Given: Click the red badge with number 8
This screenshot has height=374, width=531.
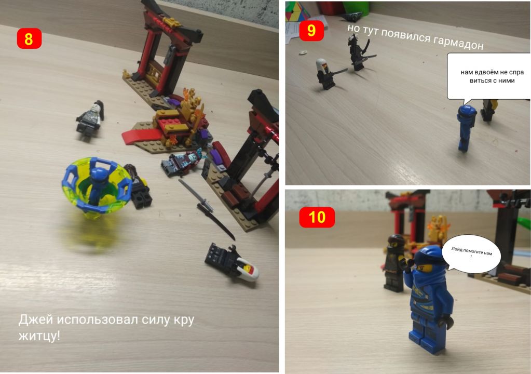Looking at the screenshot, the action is point(29,38).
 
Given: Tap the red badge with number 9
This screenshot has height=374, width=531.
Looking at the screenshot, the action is point(311,31).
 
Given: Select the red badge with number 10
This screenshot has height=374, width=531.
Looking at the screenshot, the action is point(317,217).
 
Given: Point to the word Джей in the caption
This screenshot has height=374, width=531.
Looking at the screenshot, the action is point(36,320).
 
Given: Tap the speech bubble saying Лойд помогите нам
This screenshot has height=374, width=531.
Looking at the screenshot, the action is point(471,253).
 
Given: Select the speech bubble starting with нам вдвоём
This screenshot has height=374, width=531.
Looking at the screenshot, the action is point(489,77).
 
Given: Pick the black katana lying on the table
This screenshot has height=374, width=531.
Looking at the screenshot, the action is point(207,209).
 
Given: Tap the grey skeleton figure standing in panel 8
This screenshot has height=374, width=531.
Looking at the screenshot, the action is point(90,118).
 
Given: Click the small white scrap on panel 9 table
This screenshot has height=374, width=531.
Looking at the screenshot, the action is point(303,52).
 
